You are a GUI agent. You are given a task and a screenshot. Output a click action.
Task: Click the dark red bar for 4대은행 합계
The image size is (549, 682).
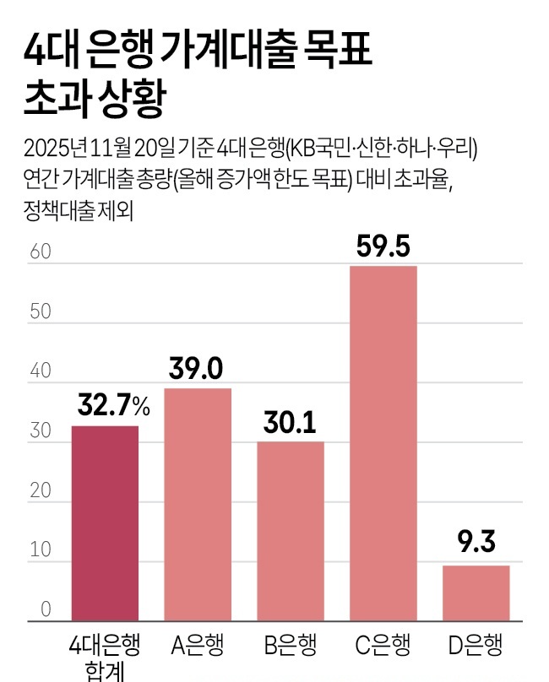pos(105,523)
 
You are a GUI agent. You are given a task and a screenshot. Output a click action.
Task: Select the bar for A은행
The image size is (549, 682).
pos(198,505)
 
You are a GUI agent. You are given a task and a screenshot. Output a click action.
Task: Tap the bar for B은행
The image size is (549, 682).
pos(290,531)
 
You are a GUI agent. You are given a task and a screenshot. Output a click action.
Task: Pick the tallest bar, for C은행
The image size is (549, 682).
pos(383,444)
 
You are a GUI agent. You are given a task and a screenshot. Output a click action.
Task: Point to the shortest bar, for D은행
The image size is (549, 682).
pos(476,593)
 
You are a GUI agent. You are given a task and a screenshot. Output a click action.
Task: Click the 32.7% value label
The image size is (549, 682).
pos(113,407)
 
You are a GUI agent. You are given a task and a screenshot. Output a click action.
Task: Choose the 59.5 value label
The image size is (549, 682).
pos(383,246)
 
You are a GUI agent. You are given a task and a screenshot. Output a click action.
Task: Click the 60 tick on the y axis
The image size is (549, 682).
pos(40,252)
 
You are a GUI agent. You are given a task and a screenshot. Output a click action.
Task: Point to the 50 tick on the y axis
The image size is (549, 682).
pos(40,311)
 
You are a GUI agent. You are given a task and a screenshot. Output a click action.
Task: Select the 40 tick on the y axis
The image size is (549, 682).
pos(40,371)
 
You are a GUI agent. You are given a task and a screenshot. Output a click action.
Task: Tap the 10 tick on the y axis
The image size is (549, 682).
pos(40,550)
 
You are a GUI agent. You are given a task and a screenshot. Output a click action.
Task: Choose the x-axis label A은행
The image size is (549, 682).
pos(198,646)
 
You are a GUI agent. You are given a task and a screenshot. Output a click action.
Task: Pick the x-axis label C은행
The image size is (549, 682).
pos(383,646)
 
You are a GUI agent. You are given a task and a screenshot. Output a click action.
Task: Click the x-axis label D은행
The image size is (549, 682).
pos(476,646)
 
